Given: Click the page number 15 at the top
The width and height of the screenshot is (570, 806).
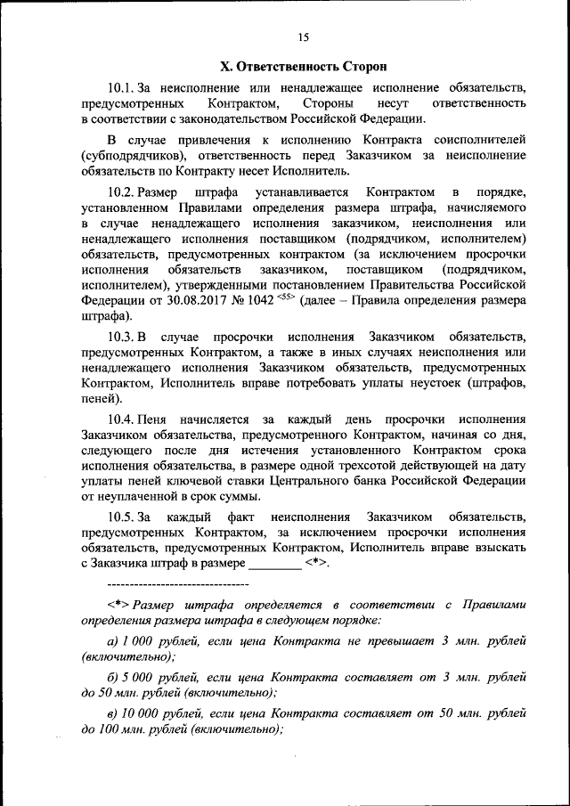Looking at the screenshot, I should point(304,37).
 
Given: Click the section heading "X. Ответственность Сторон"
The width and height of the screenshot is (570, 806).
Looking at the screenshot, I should point(304,66).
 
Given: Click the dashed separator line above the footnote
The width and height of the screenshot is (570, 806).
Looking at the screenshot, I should point(177,584).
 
